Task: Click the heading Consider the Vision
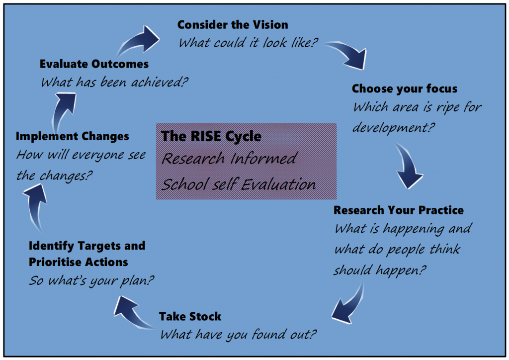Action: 232,24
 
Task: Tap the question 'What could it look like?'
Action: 248,43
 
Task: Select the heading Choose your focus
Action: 404,89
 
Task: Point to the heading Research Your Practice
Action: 398,210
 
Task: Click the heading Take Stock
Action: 190,316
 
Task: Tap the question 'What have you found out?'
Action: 238,335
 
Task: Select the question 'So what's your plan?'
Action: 91,280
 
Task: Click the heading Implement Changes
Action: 73,136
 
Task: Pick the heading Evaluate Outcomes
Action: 94,64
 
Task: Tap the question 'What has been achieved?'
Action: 114,82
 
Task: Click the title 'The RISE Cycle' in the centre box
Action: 211,136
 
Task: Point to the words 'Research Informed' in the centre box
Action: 229,159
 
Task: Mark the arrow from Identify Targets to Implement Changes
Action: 35,204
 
